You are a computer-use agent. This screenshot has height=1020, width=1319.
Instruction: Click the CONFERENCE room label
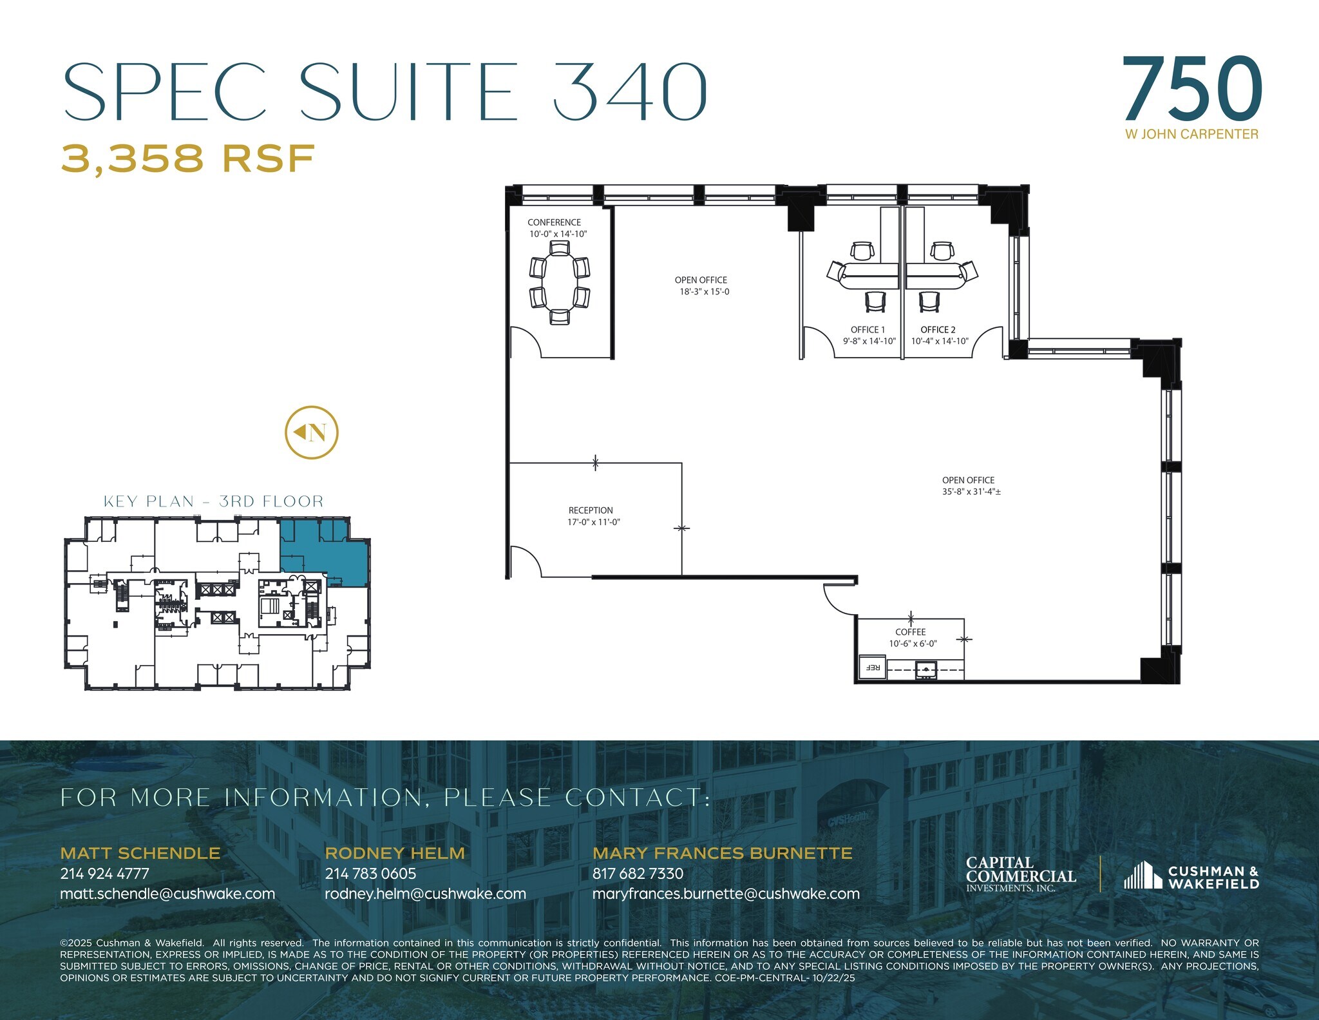[554, 222]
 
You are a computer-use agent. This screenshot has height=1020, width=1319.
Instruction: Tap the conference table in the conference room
[559, 282]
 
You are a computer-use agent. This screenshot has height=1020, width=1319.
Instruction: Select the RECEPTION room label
[591, 510]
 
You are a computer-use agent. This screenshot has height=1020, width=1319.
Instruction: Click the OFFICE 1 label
[868, 330]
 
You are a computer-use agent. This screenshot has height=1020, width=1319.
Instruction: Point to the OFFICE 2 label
[938, 330]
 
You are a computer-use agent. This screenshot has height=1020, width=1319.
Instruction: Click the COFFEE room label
[910, 632]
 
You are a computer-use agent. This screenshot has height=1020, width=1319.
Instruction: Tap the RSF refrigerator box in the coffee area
[873, 668]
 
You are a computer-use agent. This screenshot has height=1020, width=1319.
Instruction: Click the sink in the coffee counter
[925, 670]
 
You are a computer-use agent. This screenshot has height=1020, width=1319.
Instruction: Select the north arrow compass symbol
[312, 432]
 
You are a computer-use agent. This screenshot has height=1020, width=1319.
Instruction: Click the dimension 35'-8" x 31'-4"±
[971, 492]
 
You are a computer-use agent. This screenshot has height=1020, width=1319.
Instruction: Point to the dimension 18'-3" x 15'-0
[705, 292]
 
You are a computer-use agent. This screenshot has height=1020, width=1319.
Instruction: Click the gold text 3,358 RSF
[188, 158]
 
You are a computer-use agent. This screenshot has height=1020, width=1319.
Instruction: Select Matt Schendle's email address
[167, 894]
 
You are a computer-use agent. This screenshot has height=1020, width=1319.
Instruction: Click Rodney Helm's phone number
[370, 874]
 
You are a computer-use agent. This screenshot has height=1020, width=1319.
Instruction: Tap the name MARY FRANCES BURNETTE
[722, 853]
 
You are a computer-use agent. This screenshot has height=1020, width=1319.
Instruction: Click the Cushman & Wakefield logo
[1191, 877]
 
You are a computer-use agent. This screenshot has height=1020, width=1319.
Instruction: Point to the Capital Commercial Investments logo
[1021, 874]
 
